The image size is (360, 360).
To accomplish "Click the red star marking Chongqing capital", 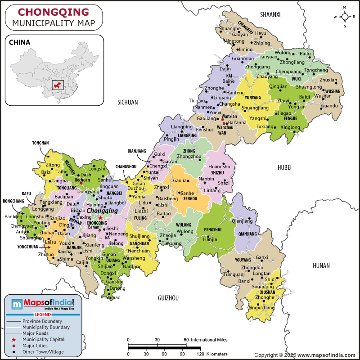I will pos(100,217).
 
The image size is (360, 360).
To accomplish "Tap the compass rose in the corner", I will pos(345,17).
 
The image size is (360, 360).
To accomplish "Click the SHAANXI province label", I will pos(270,15).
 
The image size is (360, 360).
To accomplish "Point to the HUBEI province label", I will pos(284,167).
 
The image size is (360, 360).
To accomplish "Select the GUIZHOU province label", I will pos(168,298).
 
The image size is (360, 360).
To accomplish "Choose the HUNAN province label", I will pos(321,265).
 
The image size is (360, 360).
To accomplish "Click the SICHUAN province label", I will pos(127,103).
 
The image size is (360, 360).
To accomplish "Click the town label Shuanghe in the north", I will pos(229,28).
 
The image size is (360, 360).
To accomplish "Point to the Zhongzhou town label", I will pos(189,156).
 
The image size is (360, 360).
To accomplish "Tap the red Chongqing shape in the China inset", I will pos(58,84).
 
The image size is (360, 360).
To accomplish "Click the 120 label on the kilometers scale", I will pos(201,354).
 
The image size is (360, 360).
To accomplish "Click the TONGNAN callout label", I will pos(40,143).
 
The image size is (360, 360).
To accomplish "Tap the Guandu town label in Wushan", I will pos(329,106).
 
